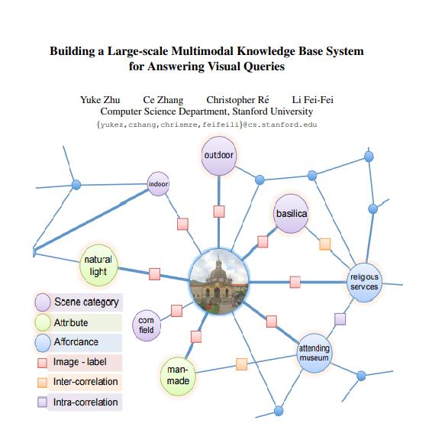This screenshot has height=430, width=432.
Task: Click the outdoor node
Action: pos(220,157)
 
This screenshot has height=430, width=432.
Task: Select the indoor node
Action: pos(158,184)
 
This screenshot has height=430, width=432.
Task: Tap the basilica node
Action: pos(292,214)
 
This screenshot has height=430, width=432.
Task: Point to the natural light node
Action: pos(98,266)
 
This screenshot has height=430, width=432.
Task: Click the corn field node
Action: pos(147,325)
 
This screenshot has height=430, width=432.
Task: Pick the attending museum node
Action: pos(314,353)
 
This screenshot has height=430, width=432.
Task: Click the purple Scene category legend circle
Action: pos(43,302)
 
